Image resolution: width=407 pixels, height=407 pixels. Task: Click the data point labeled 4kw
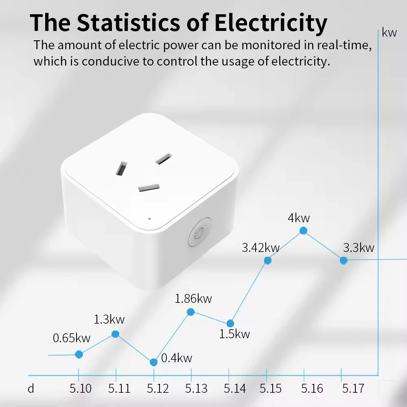point(303,231)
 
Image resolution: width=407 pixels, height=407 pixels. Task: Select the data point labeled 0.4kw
point(153,362)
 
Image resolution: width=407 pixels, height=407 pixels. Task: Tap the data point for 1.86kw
point(190,312)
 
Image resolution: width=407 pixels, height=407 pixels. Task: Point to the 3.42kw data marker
point(268,260)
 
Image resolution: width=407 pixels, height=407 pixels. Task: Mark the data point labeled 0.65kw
point(79,354)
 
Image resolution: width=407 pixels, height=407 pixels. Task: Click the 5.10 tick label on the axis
point(80,389)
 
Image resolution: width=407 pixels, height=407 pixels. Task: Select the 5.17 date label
point(353,389)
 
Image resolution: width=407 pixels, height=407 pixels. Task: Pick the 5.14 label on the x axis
point(235,389)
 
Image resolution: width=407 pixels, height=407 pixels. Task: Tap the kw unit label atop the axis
point(389,33)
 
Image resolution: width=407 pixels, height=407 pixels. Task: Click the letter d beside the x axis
point(31,389)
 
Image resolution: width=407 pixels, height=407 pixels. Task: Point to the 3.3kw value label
point(358,247)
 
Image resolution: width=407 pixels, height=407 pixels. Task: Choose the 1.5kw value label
point(234,335)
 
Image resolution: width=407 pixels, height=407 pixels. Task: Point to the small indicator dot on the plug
point(150,218)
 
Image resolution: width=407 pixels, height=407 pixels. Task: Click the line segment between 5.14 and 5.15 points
point(249,292)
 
